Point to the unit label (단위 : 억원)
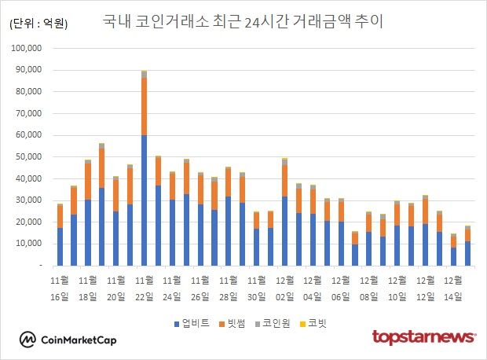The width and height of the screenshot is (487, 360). [x=38, y=24]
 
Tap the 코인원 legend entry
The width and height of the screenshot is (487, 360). [x=280, y=322]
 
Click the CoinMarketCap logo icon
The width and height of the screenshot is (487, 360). [x=27, y=340]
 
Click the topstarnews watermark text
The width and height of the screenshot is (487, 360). [x=423, y=337]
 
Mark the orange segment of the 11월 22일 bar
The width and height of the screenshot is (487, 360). [x=145, y=106]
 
